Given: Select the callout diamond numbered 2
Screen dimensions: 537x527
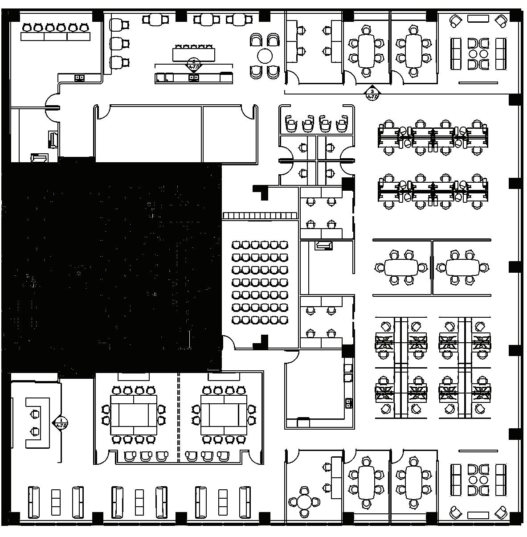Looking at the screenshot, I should click(193, 65).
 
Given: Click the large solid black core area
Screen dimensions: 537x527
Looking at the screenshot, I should click(111, 267).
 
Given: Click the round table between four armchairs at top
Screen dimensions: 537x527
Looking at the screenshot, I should click(265, 56).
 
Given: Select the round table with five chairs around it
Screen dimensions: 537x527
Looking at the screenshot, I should click(304, 502).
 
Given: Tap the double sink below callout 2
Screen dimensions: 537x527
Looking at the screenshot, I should click(194, 78).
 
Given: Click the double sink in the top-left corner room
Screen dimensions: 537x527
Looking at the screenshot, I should click(79, 78).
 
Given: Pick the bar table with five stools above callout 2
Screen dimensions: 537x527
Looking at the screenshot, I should click(194, 53).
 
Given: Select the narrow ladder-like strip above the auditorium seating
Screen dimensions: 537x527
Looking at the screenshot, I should click(260, 216).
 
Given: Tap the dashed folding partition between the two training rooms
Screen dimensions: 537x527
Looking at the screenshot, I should click(179, 417).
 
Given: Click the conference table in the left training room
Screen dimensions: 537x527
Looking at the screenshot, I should click(133, 415).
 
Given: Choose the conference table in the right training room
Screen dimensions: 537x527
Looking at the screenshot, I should click(224, 415).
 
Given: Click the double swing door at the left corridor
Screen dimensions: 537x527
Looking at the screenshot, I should click(53, 107).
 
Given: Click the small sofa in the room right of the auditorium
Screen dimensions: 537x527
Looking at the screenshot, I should click(323, 246).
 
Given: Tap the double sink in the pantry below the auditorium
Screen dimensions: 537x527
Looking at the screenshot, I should click(348, 403).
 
